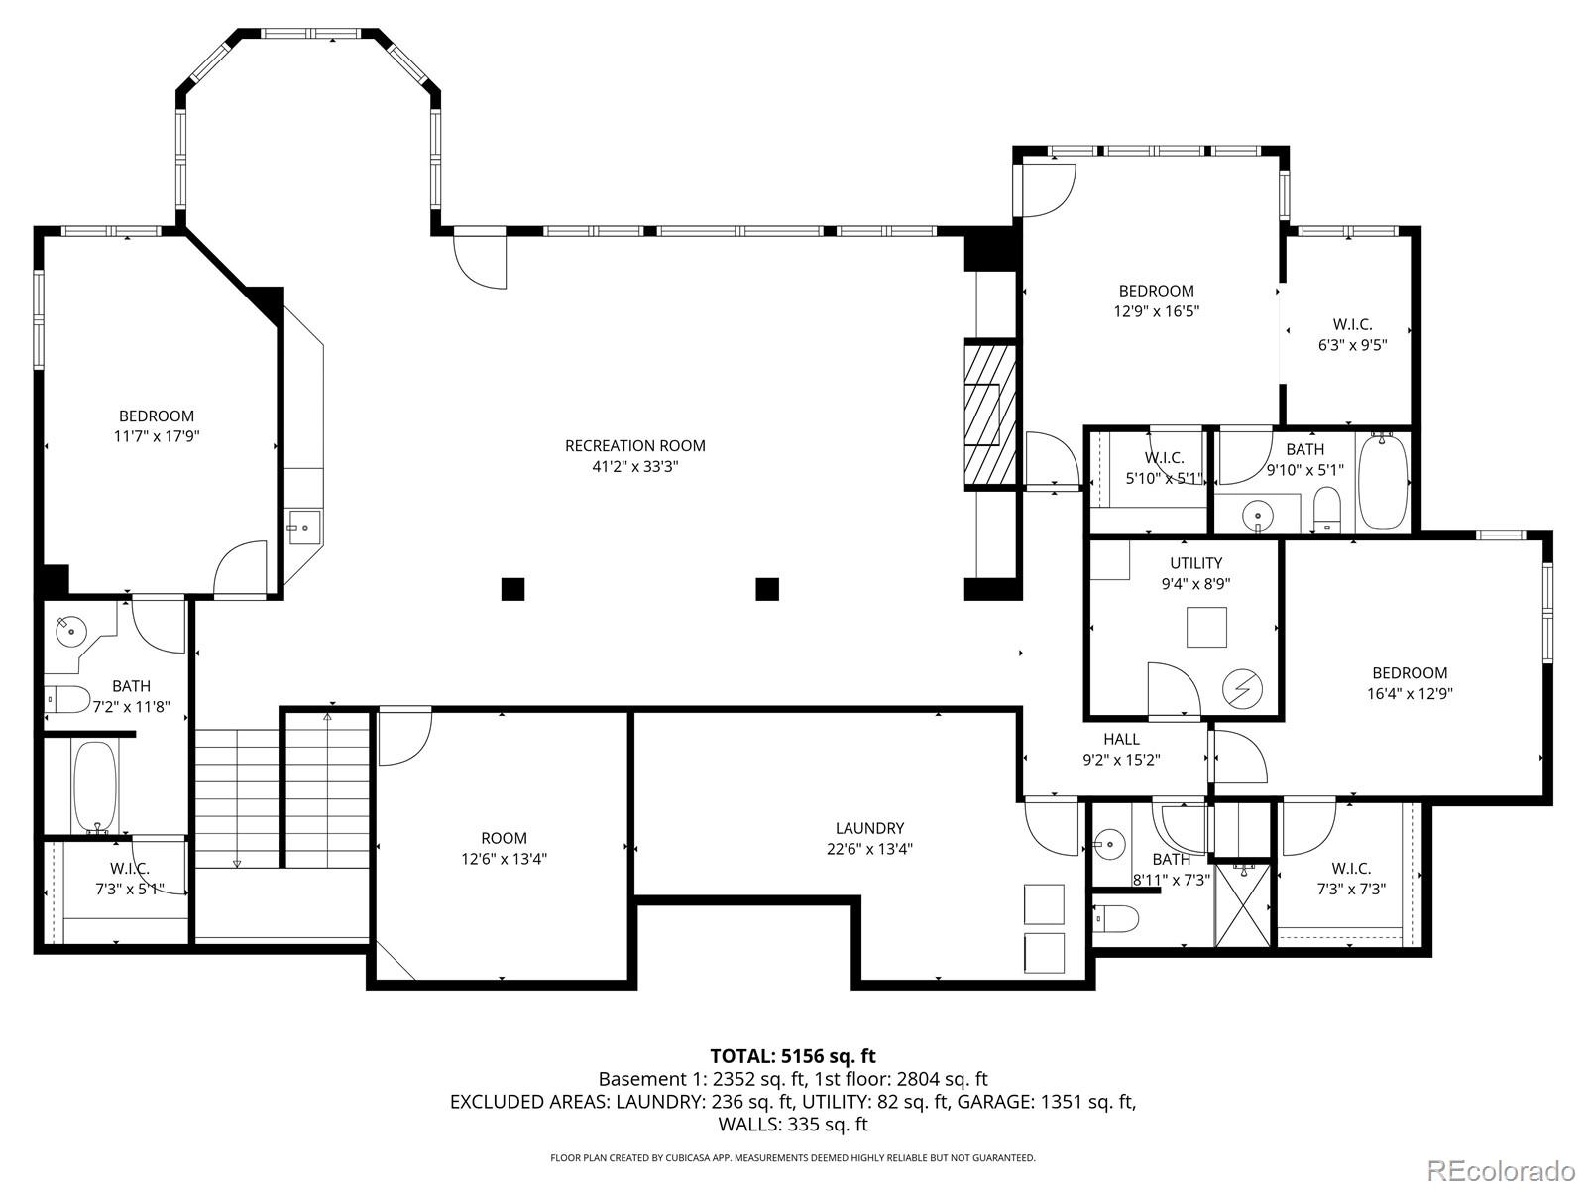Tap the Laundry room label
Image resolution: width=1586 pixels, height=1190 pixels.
[x=869, y=828]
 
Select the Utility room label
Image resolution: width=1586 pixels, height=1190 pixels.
[x=1195, y=563]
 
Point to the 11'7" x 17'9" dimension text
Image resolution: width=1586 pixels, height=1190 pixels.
[x=157, y=436]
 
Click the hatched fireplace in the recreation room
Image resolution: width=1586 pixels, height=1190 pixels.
[x=990, y=415]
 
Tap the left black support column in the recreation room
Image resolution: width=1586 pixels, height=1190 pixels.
[x=512, y=589]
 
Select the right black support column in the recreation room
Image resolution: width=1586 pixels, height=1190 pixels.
[x=767, y=589]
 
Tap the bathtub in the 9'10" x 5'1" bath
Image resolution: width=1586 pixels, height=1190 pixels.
[x=1382, y=482]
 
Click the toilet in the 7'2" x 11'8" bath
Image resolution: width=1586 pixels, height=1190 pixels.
[x=67, y=700]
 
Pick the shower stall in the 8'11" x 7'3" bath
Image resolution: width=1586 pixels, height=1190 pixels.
[x=1243, y=904]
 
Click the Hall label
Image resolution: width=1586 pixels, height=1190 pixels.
[x=1121, y=739]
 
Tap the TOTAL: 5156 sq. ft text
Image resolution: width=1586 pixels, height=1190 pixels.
[x=792, y=1056]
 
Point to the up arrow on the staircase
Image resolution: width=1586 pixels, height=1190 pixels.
[x=328, y=716]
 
